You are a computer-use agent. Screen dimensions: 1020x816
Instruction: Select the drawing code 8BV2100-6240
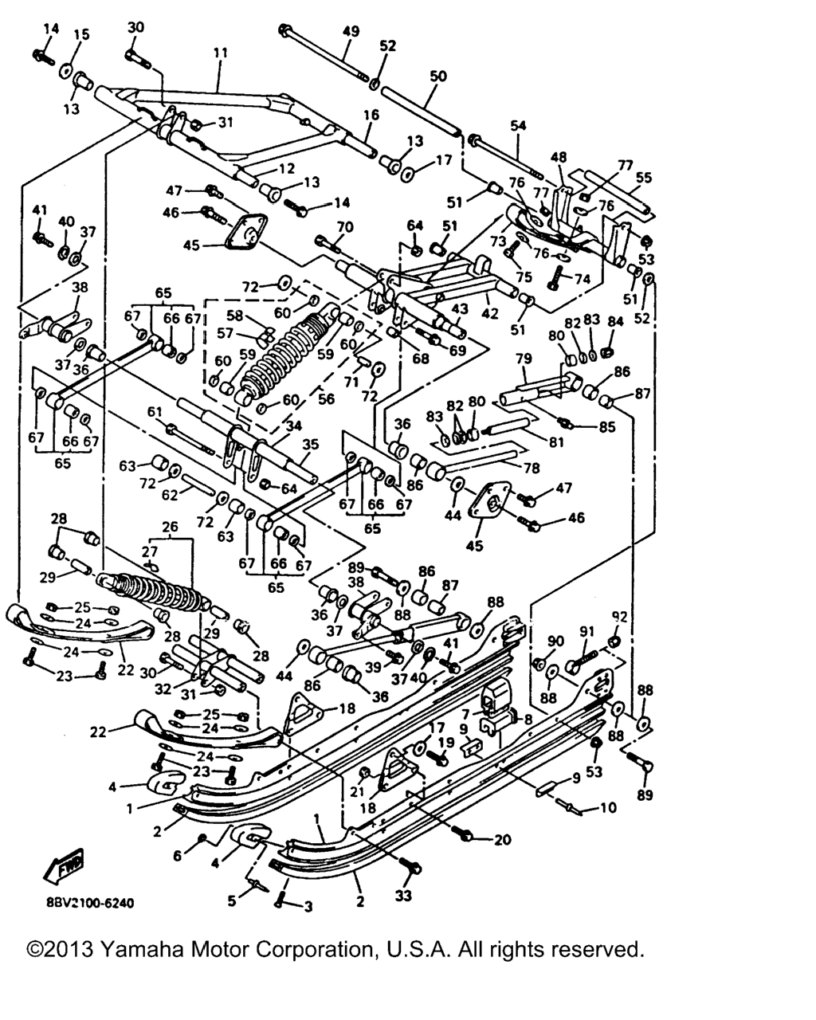click(x=84, y=904)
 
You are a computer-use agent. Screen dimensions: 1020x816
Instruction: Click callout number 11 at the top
click(x=221, y=53)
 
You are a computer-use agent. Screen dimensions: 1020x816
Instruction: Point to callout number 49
click(x=351, y=31)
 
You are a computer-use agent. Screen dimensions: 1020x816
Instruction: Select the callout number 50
click(x=438, y=77)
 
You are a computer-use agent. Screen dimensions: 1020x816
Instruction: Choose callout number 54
click(x=519, y=126)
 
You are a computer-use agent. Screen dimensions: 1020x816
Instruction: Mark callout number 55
click(x=643, y=178)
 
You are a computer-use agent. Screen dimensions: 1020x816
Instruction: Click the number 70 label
click(x=344, y=226)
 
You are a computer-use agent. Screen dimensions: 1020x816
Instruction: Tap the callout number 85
click(x=608, y=427)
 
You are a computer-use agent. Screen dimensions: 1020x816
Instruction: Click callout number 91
click(x=587, y=632)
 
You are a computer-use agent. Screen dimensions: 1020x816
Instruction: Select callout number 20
click(x=502, y=839)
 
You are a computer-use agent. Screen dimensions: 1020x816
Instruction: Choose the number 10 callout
click(x=608, y=808)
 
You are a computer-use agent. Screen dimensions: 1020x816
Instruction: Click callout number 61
click(x=154, y=411)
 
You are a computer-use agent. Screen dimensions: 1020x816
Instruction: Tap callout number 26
click(x=170, y=527)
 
